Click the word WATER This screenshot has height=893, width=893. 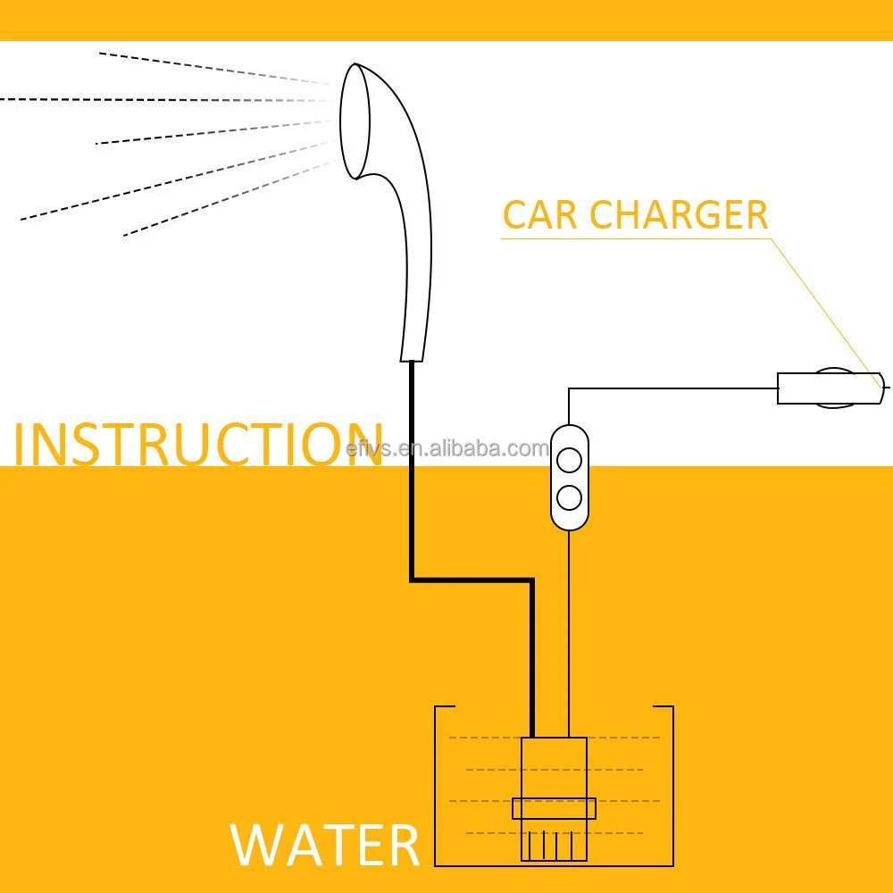(325, 845)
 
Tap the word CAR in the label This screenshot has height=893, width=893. (538, 215)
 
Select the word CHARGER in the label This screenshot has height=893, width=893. (679, 215)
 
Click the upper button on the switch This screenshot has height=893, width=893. (569, 462)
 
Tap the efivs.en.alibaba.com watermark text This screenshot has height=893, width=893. (446, 448)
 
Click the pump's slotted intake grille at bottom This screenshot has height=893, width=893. (554, 844)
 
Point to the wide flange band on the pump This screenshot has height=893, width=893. (554, 808)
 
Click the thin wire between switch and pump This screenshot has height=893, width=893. (569, 625)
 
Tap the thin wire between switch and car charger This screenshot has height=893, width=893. (670, 388)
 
